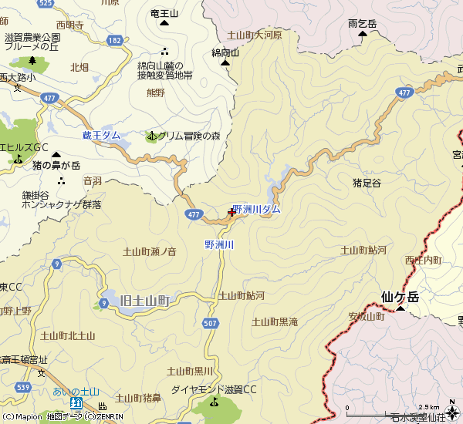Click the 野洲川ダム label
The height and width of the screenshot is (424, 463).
click(257, 210)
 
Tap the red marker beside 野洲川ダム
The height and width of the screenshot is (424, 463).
click(231, 214)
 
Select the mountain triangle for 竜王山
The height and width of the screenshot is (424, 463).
click(164, 22)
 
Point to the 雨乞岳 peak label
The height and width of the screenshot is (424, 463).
click(362, 25)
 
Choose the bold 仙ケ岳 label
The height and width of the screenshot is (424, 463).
click(400, 297)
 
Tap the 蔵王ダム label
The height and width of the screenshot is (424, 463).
click(101, 136)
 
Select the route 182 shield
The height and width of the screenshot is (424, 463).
click(115, 39)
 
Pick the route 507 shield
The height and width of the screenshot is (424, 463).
click(210, 322)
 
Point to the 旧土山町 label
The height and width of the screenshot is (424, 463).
click(145, 300)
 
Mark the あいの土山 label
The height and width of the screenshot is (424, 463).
click(76, 392)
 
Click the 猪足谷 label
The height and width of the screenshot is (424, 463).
click(367, 183)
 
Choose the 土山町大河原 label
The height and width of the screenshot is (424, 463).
click(254, 35)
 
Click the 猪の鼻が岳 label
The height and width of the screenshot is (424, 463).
click(56, 166)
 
